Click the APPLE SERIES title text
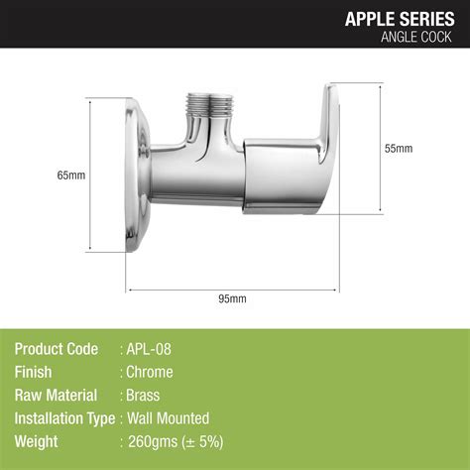(x=402, y=17)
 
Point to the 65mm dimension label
(x=71, y=176)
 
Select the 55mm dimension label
(x=399, y=148)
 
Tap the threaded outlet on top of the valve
(x=205, y=104)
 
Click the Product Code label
(x=57, y=349)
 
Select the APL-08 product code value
(x=155, y=349)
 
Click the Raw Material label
(x=56, y=395)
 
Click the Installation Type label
(x=65, y=417)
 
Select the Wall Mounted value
(x=168, y=417)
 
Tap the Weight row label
(x=37, y=441)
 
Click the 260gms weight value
(x=149, y=441)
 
